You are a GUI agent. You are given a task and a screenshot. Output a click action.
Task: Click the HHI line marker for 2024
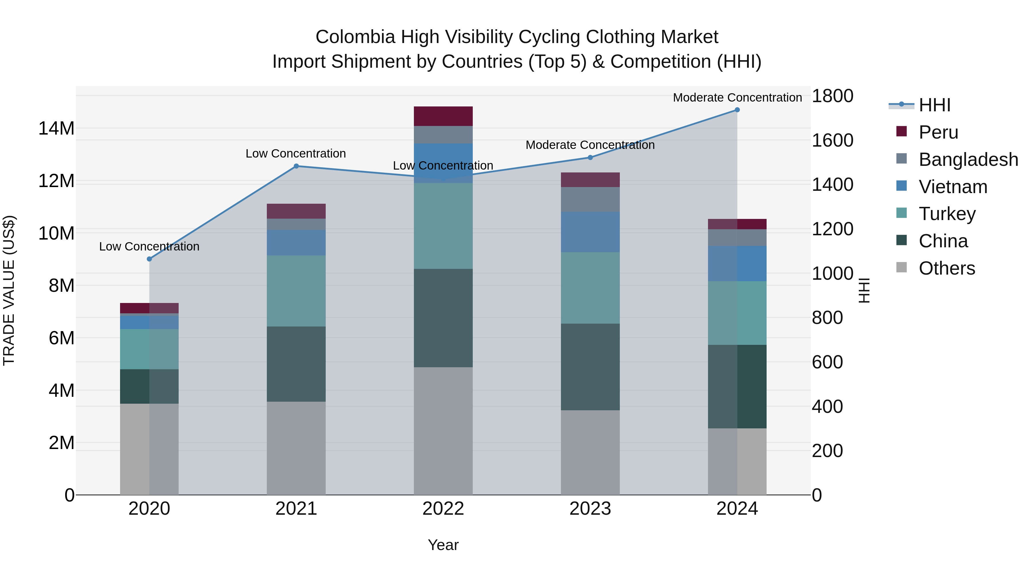click(737, 110)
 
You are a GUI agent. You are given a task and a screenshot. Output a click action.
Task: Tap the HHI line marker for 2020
click(149, 259)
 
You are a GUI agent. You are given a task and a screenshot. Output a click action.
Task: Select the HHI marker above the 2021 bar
click(296, 166)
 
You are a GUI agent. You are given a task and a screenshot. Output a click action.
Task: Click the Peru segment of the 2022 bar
click(443, 116)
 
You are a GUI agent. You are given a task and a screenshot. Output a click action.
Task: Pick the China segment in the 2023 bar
click(590, 367)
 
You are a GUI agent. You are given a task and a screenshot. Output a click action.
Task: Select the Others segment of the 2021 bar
click(296, 448)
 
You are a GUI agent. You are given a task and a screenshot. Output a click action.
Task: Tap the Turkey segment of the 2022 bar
click(443, 226)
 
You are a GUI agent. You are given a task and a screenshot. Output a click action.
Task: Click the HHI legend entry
click(934, 105)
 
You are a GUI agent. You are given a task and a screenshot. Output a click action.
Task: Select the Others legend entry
click(946, 268)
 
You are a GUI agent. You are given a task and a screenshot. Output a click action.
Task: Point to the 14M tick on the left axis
click(56, 128)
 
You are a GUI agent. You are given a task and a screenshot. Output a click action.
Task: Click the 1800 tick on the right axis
click(832, 96)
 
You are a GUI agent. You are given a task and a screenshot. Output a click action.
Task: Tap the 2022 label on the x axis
click(443, 509)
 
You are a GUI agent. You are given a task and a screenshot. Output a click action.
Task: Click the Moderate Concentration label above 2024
click(737, 98)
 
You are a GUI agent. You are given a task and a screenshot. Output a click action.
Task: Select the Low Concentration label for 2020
click(149, 246)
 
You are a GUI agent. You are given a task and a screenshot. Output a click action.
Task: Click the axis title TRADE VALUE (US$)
click(9, 290)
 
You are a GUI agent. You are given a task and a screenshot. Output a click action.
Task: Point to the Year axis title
click(443, 545)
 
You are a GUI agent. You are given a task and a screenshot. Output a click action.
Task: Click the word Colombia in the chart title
click(355, 37)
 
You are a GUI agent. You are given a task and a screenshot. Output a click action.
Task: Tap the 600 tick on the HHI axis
click(827, 362)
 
